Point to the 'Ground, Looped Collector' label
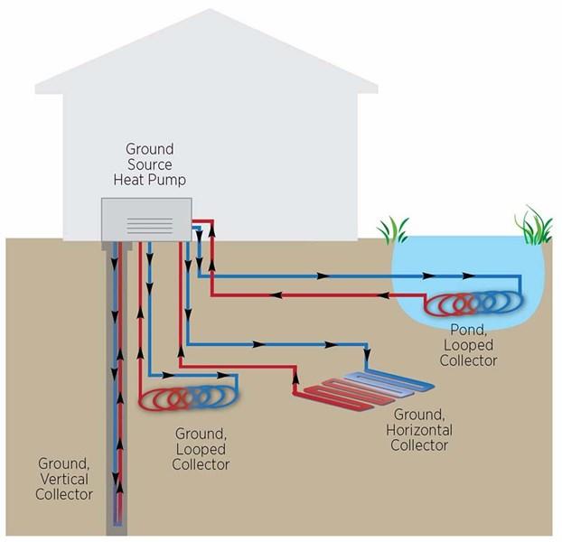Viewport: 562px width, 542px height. (x=201, y=449)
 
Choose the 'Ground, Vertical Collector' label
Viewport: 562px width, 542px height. (x=64, y=478)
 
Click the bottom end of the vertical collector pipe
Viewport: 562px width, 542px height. (x=117, y=521)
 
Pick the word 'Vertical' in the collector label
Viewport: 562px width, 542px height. (x=64, y=479)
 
